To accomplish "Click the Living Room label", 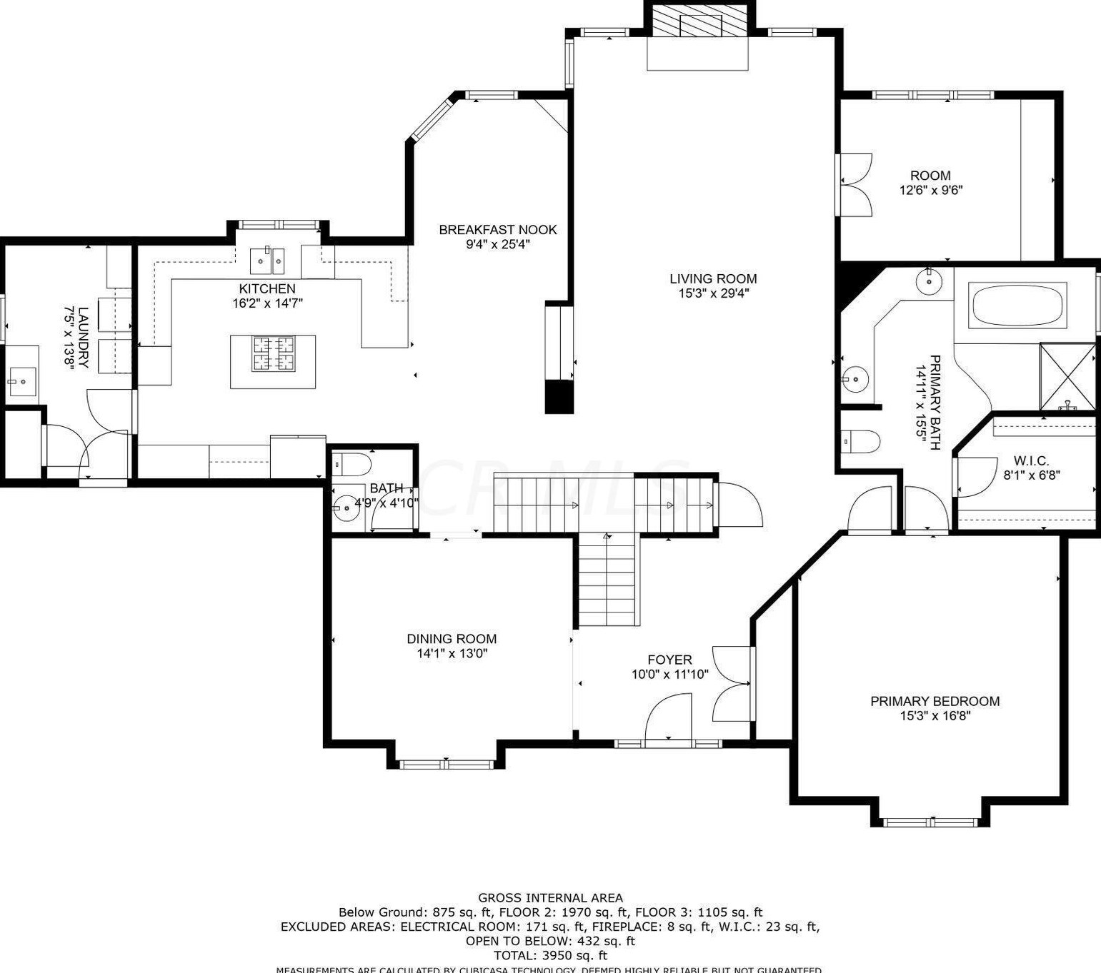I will pos(712,279).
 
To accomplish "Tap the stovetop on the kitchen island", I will pos(273,354).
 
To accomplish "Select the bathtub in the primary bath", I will pos(1017,306).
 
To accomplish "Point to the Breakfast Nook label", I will pos(497,230).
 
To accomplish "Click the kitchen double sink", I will pos(267,261).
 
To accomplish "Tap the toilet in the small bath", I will pos(352,464).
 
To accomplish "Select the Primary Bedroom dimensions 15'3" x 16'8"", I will pos(935,716).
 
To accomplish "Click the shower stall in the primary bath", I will pos(1067,376).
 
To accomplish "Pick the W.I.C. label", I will pos(1031,461).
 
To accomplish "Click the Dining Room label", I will pos(452,639).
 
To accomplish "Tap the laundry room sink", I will pos(21,382).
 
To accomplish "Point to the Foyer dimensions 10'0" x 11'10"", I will pos(669,675).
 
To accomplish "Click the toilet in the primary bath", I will pos(860,442).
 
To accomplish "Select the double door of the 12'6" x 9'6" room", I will pos(855,184).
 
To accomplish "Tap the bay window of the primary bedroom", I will pos(930,822).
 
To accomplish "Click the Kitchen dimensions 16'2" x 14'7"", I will pos(267,303).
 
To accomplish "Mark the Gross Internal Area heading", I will pos(550,898).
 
